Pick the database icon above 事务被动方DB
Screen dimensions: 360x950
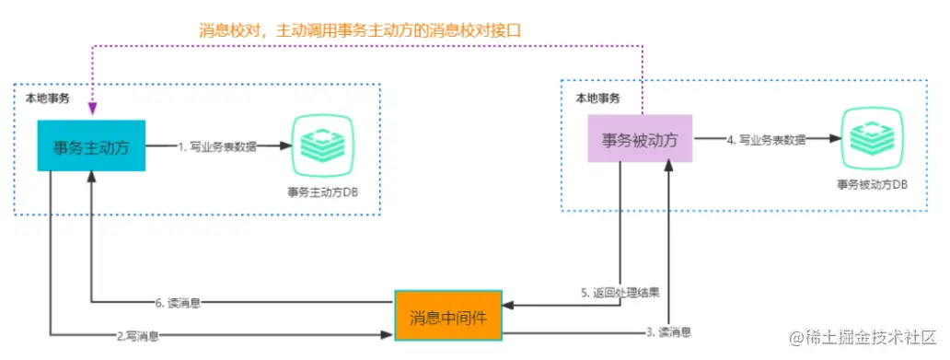tap(872, 140)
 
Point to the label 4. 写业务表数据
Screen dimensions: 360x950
tap(767, 140)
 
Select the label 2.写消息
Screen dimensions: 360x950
tap(137, 335)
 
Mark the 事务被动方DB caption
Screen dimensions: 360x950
tap(872, 184)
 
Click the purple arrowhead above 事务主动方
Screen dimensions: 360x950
tap(93, 111)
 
